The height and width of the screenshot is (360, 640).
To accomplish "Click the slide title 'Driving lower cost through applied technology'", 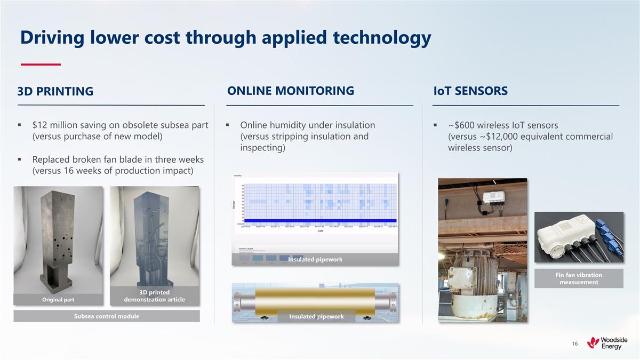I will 225,37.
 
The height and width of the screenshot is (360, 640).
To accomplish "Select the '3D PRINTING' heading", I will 55,92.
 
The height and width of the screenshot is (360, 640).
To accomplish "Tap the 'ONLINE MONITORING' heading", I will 291,91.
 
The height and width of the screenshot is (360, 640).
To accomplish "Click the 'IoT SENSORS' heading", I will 470,91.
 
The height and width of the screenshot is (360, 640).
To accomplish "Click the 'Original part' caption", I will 59,300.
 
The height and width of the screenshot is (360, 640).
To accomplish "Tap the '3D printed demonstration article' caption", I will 154,296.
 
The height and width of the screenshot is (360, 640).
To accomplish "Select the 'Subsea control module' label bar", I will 106,316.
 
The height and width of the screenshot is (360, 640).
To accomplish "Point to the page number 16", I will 574,344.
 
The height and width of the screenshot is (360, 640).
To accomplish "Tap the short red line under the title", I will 41,65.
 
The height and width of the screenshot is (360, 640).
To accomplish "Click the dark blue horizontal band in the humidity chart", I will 317,220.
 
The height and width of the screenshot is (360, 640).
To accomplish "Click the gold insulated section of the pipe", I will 315,299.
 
